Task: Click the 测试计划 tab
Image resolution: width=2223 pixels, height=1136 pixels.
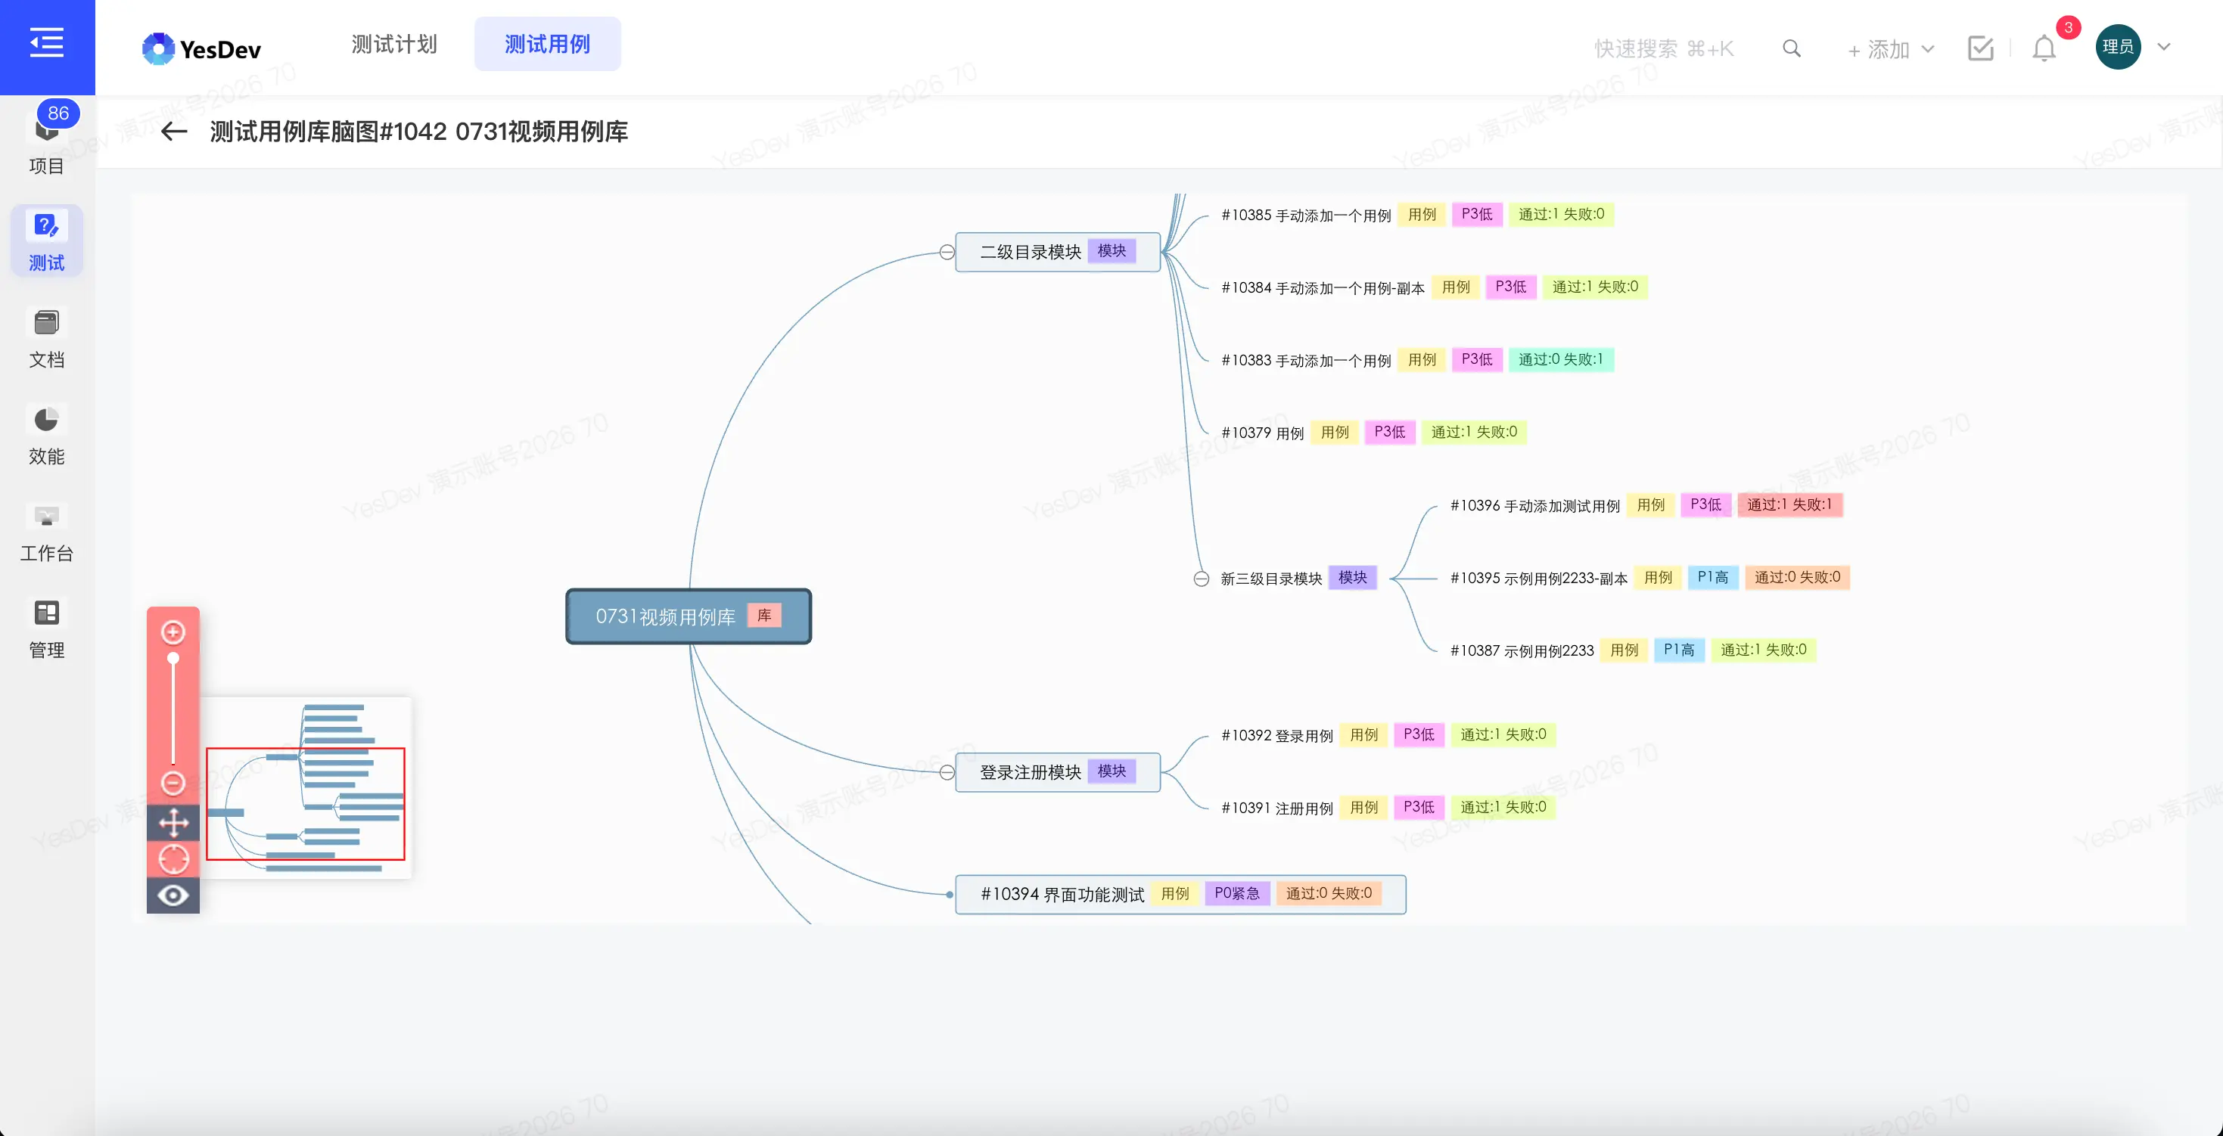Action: pyautogui.click(x=394, y=45)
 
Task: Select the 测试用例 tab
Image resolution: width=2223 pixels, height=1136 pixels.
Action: pyautogui.click(x=547, y=45)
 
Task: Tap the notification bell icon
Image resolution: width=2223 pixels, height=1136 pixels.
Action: pyautogui.click(x=2044, y=48)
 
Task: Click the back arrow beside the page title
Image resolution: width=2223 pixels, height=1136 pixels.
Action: pyautogui.click(x=173, y=131)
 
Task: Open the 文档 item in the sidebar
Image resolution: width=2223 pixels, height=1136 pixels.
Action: pyautogui.click(x=47, y=338)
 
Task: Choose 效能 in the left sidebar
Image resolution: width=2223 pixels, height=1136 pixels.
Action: pyautogui.click(x=47, y=435)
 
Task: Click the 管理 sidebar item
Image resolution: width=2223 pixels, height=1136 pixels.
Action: pyautogui.click(x=47, y=629)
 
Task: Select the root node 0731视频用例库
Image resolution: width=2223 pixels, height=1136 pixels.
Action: pyautogui.click(x=689, y=616)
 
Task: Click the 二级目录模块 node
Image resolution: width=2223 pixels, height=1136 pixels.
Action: pyautogui.click(x=1057, y=252)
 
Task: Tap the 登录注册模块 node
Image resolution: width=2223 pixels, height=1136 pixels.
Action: pyautogui.click(x=1057, y=772)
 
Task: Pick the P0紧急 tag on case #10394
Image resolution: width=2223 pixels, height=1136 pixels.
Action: pyautogui.click(x=1236, y=894)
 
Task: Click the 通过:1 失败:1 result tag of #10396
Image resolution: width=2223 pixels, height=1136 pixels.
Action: pyautogui.click(x=1789, y=504)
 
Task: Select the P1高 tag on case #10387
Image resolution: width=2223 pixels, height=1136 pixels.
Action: pyautogui.click(x=1678, y=650)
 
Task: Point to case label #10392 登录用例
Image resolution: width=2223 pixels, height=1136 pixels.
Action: pyautogui.click(x=1277, y=735)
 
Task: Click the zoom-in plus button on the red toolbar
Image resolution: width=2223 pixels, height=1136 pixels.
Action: pyautogui.click(x=173, y=632)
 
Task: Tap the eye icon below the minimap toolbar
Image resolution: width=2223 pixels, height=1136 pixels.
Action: pyautogui.click(x=173, y=895)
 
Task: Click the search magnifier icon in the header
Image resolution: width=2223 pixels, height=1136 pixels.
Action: pyautogui.click(x=1792, y=48)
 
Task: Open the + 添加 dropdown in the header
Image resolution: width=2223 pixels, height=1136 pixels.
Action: pyautogui.click(x=1890, y=49)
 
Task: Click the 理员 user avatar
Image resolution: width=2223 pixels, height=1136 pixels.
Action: pyautogui.click(x=2118, y=47)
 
